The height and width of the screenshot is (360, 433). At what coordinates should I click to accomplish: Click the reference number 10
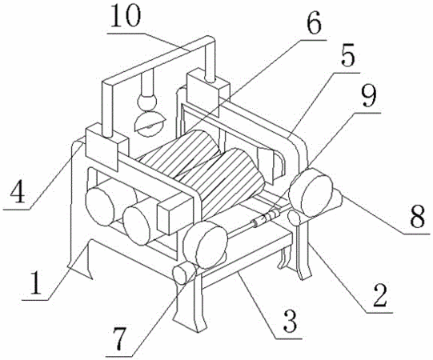126,16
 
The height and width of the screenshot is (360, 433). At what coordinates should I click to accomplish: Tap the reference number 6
314,23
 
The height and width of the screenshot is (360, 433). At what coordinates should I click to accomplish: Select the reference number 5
347,57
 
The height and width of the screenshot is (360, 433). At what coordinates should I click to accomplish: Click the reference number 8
417,217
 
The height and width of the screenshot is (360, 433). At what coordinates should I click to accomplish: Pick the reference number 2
379,296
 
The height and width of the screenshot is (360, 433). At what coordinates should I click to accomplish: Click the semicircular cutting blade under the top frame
150,124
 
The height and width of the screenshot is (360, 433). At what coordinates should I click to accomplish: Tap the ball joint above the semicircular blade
146,102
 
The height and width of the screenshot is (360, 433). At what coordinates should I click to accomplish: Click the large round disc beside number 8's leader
311,192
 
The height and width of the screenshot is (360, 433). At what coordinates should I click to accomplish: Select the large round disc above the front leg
206,245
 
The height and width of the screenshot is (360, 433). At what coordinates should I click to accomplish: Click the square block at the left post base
107,146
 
